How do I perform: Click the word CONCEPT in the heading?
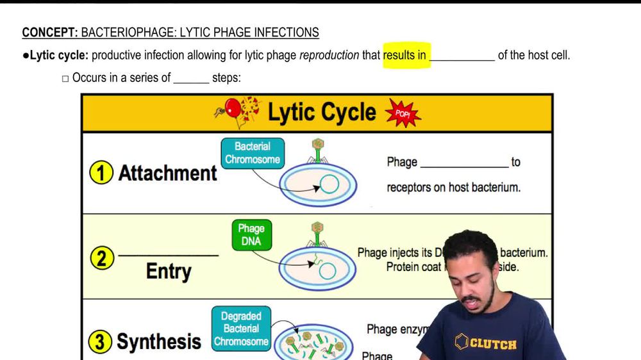[x=49, y=33]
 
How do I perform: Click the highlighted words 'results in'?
[x=405, y=55]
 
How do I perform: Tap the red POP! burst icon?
[x=403, y=113]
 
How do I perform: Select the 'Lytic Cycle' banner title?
[x=321, y=113]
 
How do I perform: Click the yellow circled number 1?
[x=101, y=174]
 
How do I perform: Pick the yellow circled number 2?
[x=101, y=259]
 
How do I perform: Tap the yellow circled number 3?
[x=100, y=341]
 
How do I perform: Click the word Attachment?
[x=168, y=173]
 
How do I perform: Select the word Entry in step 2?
[x=169, y=271]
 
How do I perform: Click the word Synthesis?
[x=159, y=341]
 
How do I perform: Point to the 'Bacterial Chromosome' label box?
[x=253, y=153]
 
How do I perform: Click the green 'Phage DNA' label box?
[x=251, y=235]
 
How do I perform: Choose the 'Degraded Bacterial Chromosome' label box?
[x=241, y=329]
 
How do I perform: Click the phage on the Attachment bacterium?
[x=317, y=151]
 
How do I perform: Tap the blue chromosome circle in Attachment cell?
[x=329, y=184]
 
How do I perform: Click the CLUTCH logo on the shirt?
[x=486, y=343]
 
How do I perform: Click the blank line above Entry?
[x=169, y=255]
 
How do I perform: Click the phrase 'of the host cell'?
[x=533, y=55]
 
